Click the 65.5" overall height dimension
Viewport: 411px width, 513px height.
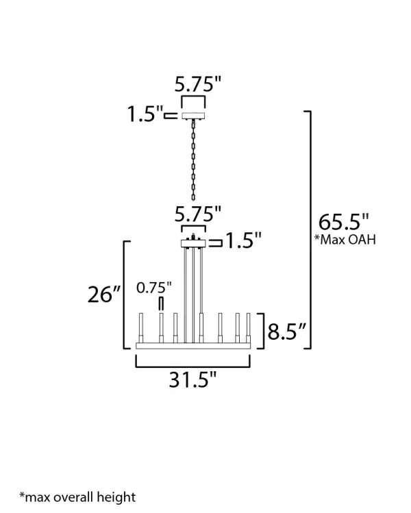(x=344, y=222)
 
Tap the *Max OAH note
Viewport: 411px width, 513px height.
(x=345, y=240)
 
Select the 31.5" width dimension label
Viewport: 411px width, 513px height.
(x=192, y=380)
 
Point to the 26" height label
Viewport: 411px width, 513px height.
(x=104, y=294)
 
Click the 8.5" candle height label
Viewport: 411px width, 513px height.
(x=286, y=331)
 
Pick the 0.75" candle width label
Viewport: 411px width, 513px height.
(x=154, y=288)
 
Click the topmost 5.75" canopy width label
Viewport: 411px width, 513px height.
(x=198, y=84)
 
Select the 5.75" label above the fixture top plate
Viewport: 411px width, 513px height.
(x=198, y=214)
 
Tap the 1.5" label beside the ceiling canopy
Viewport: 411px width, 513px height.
(x=145, y=114)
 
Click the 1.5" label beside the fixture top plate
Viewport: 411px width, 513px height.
(x=244, y=240)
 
